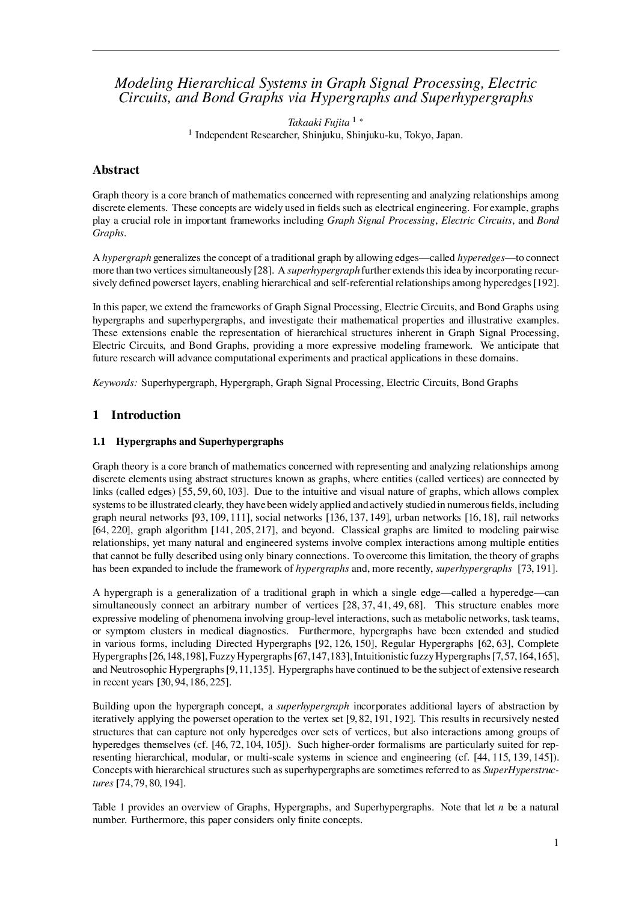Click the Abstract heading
[x=116, y=170]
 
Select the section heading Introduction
[x=145, y=415]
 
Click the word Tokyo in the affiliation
[x=418, y=135]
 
